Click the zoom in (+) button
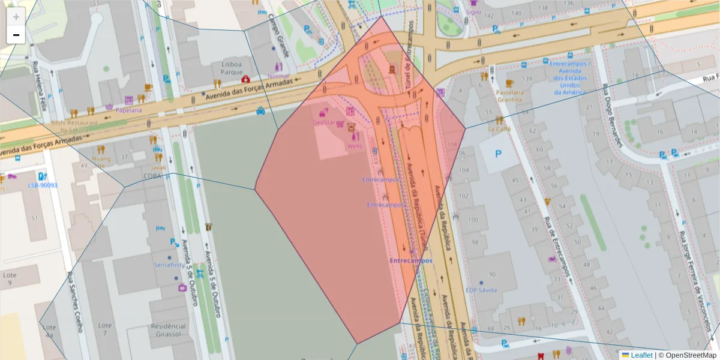click(x=16, y=17)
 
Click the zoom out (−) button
click(x=16, y=35)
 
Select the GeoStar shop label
click(x=324, y=122)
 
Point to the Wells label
click(x=354, y=146)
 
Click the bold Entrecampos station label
click(x=410, y=261)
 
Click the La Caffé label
click(x=499, y=128)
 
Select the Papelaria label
click(x=129, y=110)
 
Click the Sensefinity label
click(x=170, y=265)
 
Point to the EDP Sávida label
click(x=481, y=290)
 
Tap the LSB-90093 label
click(x=43, y=185)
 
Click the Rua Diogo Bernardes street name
click(x=611, y=118)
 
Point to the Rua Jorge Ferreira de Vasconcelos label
click(x=696, y=282)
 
